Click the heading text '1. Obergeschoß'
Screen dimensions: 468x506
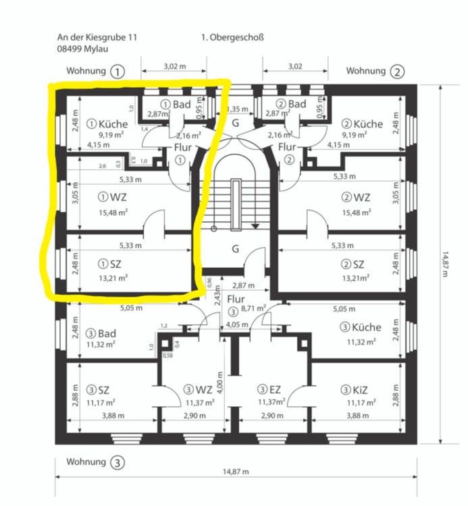[x=232, y=38]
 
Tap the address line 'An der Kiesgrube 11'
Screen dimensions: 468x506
[x=97, y=38]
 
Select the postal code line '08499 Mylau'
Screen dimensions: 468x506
[x=82, y=49]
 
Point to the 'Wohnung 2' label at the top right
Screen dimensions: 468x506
[x=375, y=71]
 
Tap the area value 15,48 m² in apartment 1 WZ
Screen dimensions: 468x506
[x=113, y=212]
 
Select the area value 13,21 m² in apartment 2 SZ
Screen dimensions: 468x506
[x=355, y=277]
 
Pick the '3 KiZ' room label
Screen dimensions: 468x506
[x=354, y=389]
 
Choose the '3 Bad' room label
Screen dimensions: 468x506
[x=102, y=333]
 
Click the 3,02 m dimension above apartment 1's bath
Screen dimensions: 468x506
[x=175, y=67]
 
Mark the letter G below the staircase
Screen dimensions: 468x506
[x=235, y=248]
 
